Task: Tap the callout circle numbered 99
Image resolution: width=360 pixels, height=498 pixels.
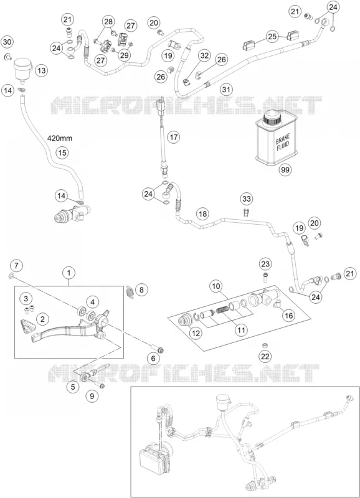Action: tap(285, 170)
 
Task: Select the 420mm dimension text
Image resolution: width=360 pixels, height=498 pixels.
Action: tap(60, 138)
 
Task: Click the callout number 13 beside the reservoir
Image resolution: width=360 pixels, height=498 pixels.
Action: tap(42, 70)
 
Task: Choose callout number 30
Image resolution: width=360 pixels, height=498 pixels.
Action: tap(7, 42)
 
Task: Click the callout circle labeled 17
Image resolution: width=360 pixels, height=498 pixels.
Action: tap(174, 137)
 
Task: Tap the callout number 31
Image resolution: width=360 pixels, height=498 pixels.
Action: tap(226, 89)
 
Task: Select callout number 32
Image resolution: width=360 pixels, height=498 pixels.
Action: tap(204, 55)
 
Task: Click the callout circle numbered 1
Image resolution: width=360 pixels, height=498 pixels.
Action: tap(69, 273)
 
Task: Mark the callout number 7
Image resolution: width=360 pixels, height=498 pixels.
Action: tap(17, 265)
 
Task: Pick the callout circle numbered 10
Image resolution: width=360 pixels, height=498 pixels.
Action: tap(216, 286)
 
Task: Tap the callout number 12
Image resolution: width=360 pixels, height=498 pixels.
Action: tap(196, 333)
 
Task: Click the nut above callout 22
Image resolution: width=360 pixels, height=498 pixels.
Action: tap(263, 345)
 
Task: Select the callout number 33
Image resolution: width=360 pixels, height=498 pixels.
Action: tap(247, 199)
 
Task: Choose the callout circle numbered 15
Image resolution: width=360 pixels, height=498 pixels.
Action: tap(62, 153)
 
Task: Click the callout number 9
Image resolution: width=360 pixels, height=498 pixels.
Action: tap(92, 396)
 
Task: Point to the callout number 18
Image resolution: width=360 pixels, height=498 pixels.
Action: tap(202, 214)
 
